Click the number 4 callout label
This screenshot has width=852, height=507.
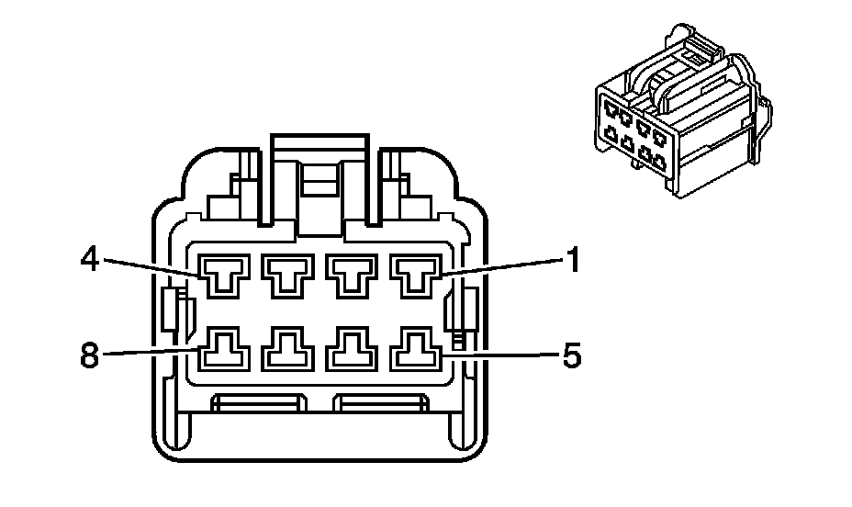[x=89, y=260]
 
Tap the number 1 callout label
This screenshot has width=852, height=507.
[x=572, y=262]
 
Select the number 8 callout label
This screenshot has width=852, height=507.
[x=89, y=355]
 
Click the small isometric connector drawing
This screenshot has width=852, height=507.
[x=679, y=115]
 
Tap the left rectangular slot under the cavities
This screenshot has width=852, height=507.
[x=260, y=401]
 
